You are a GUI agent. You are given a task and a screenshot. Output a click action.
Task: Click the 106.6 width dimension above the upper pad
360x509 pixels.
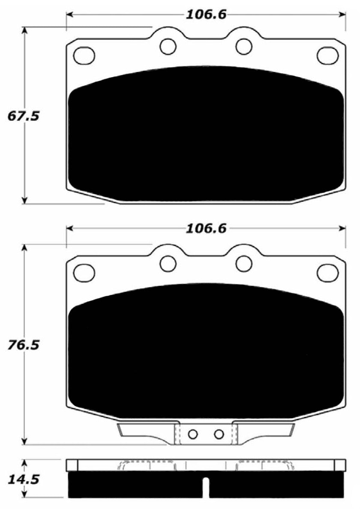[x=206, y=15]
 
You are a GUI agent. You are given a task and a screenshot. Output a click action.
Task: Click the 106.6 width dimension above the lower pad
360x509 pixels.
[x=206, y=229]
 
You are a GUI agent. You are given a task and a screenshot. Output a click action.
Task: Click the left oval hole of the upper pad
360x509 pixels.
[x=84, y=55]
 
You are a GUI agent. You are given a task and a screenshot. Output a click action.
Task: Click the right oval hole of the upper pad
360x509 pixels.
[x=327, y=55]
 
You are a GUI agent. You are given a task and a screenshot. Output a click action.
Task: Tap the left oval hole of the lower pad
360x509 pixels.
[x=84, y=272]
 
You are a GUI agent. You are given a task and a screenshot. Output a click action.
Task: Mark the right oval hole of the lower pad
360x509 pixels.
[x=327, y=272]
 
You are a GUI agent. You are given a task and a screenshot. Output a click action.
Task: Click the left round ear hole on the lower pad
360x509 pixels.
[x=168, y=263]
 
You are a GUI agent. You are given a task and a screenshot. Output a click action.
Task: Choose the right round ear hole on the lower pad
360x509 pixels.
[x=244, y=263]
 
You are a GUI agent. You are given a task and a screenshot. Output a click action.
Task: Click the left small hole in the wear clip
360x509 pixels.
[x=193, y=434]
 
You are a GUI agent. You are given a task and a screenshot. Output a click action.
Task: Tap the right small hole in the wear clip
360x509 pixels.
[x=219, y=434]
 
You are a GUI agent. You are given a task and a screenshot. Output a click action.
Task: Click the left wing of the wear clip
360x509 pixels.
[x=146, y=430]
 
